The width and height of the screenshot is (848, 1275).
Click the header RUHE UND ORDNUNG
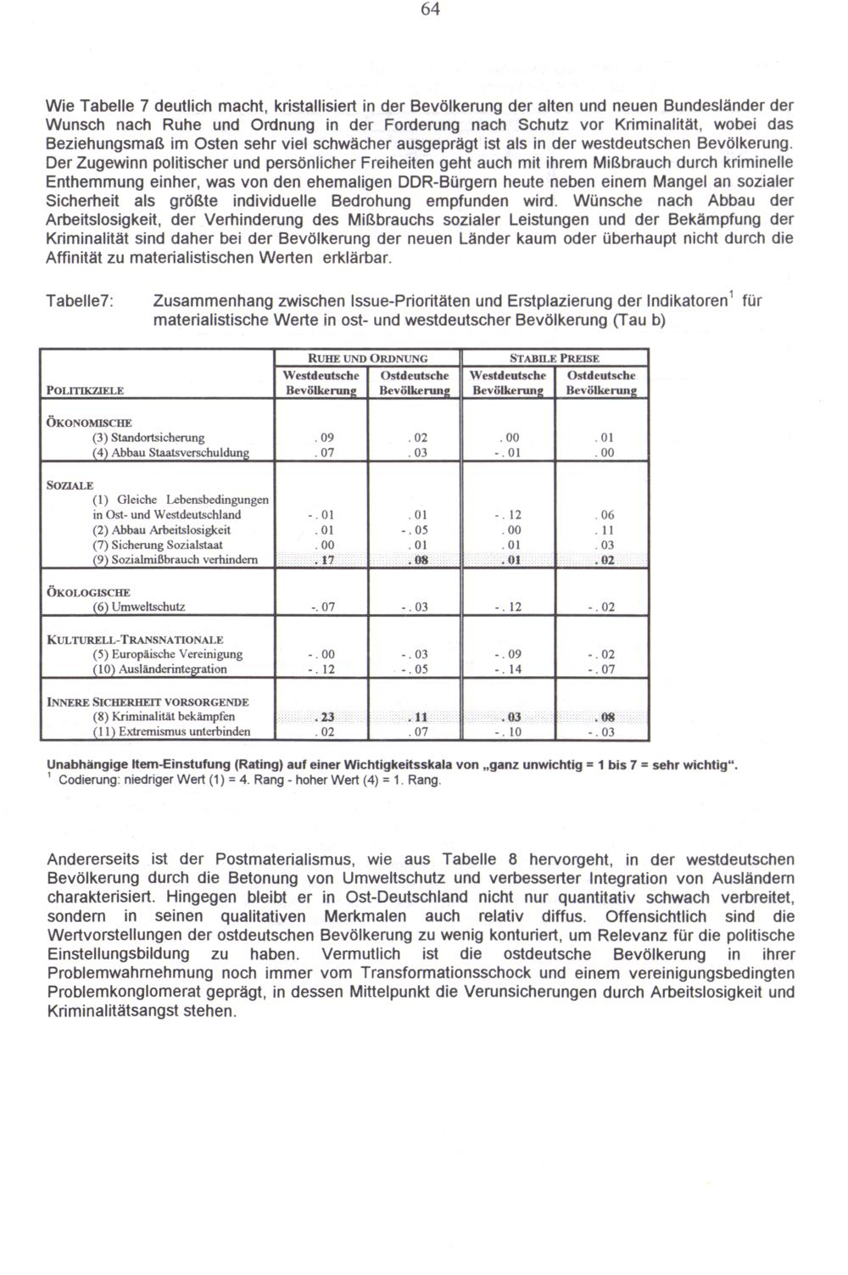(x=366, y=359)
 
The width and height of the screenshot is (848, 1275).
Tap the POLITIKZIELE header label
(x=85, y=390)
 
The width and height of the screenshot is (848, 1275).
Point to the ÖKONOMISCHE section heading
(x=89, y=422)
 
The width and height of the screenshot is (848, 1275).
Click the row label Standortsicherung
(x=148, y=438)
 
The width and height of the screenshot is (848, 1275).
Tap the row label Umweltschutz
(x=139, y=607)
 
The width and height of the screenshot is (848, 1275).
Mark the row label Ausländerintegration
(x=159, y=669)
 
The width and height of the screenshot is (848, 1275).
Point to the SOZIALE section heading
(x=70, y=485)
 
